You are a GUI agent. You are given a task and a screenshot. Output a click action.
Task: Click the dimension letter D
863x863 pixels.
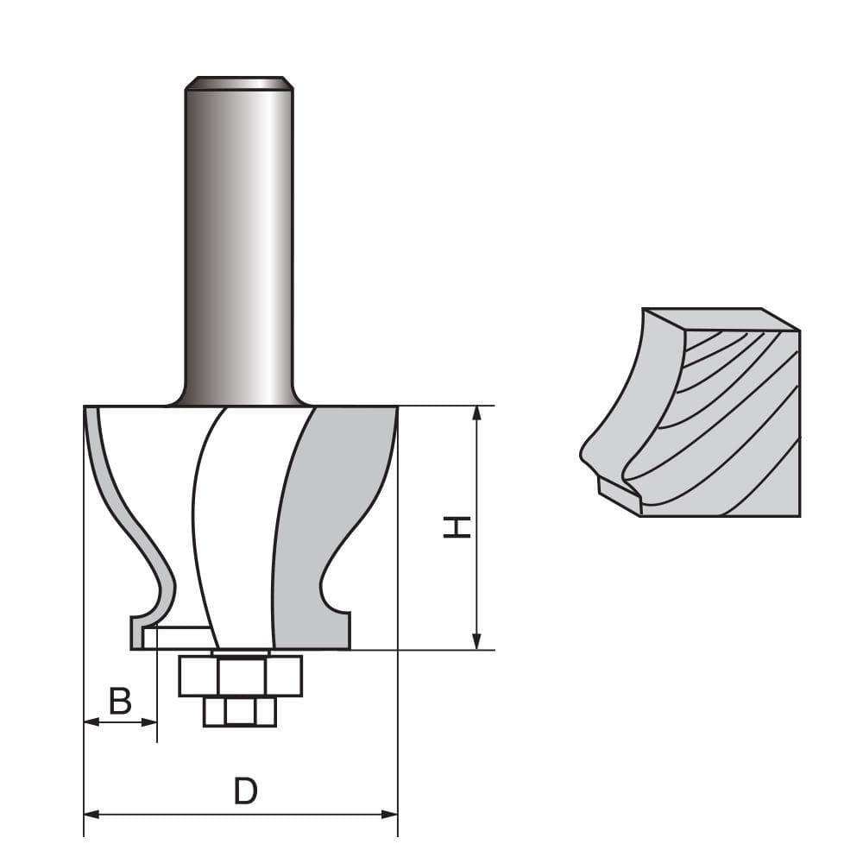[246, 791]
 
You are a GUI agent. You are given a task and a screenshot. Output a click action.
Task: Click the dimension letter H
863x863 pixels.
[457, 527]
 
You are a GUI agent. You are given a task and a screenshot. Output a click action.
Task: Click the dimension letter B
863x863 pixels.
[121, 701]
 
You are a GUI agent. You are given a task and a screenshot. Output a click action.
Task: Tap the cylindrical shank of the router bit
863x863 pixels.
[239, 242]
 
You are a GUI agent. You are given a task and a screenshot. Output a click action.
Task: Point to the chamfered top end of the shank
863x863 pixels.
[239, 84]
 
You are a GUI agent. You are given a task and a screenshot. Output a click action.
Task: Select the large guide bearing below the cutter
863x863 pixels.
[241, 676]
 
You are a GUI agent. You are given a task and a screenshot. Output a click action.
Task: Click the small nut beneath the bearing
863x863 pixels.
[240, 712]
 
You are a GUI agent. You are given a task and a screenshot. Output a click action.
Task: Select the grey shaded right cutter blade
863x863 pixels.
[328, 518]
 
